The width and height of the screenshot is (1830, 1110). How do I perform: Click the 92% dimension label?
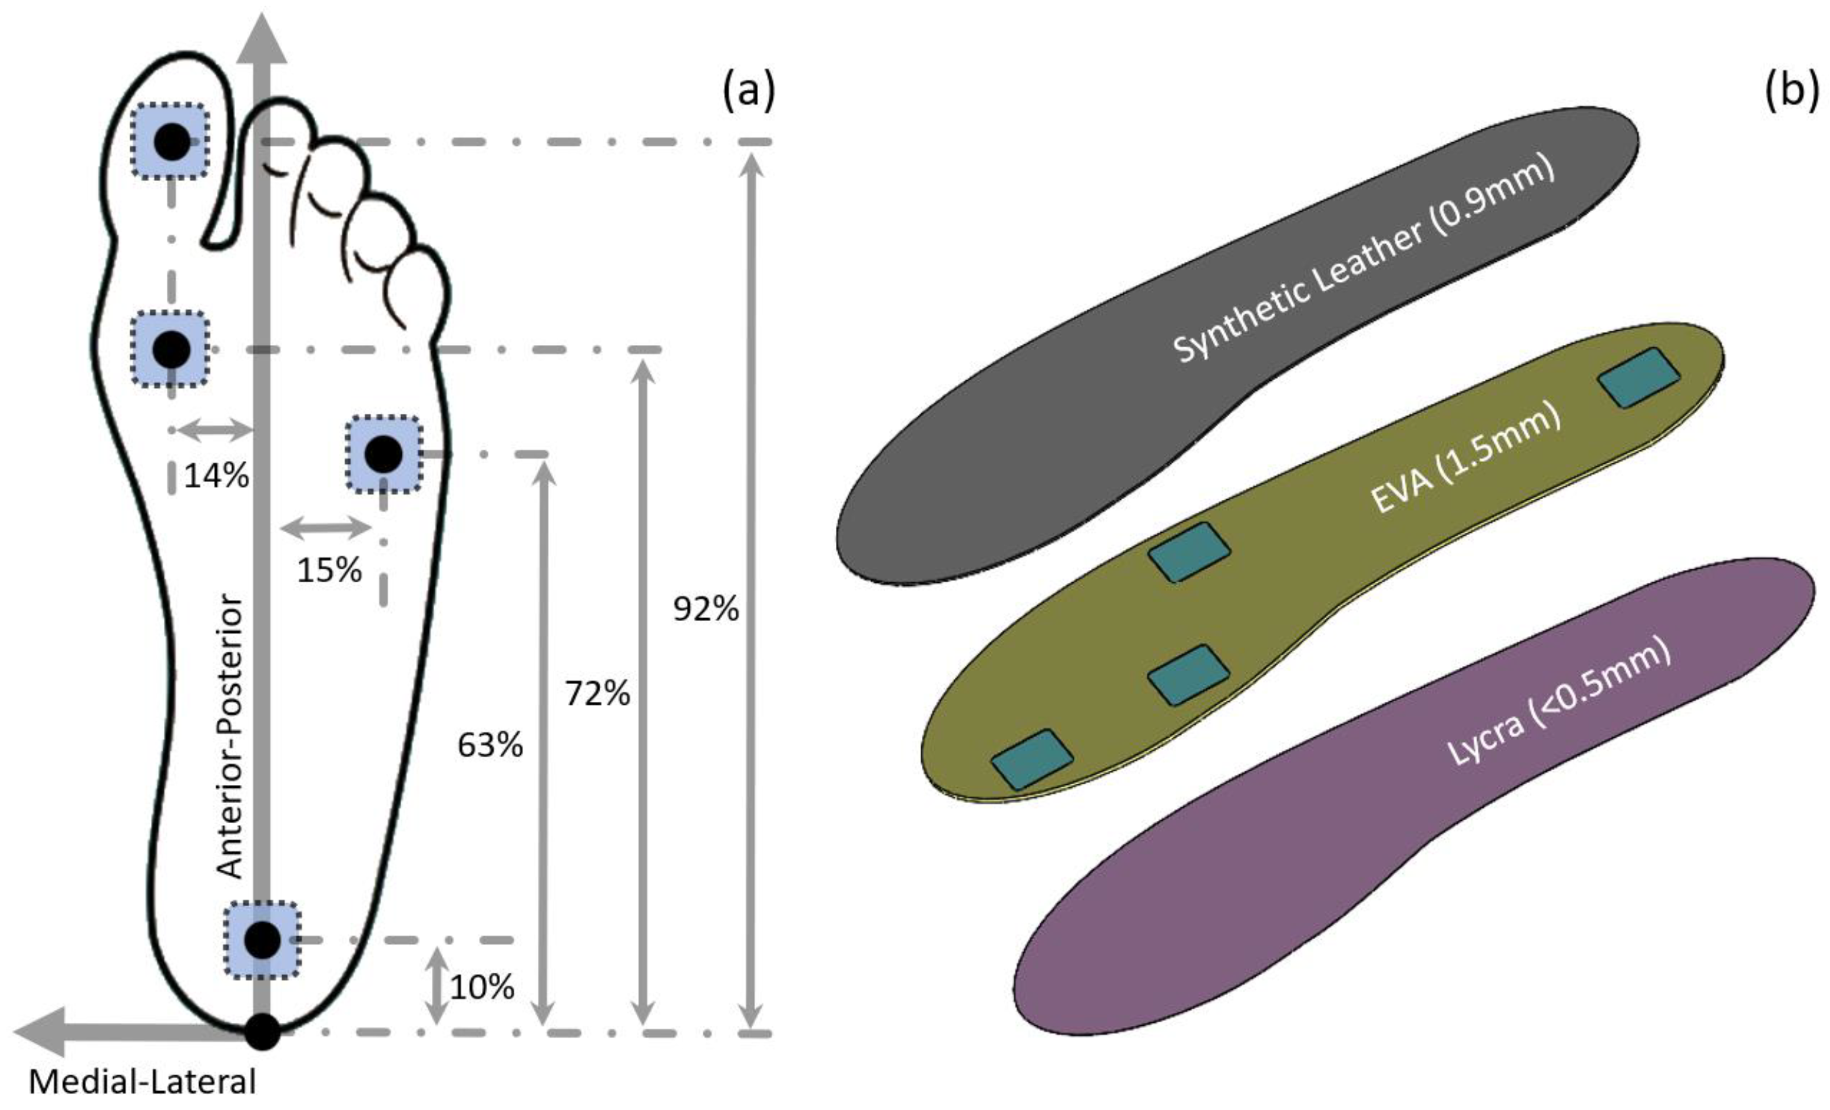706,609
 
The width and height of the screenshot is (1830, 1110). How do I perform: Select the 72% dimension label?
597,694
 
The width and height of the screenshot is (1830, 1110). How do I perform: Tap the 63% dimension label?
489,745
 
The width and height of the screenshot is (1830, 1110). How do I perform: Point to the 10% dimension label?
481,988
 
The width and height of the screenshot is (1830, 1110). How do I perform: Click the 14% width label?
216,475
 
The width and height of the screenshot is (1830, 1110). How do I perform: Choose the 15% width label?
329,570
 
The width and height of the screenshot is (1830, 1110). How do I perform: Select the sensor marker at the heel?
262,940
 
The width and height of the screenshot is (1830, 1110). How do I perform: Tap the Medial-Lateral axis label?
142,1082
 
